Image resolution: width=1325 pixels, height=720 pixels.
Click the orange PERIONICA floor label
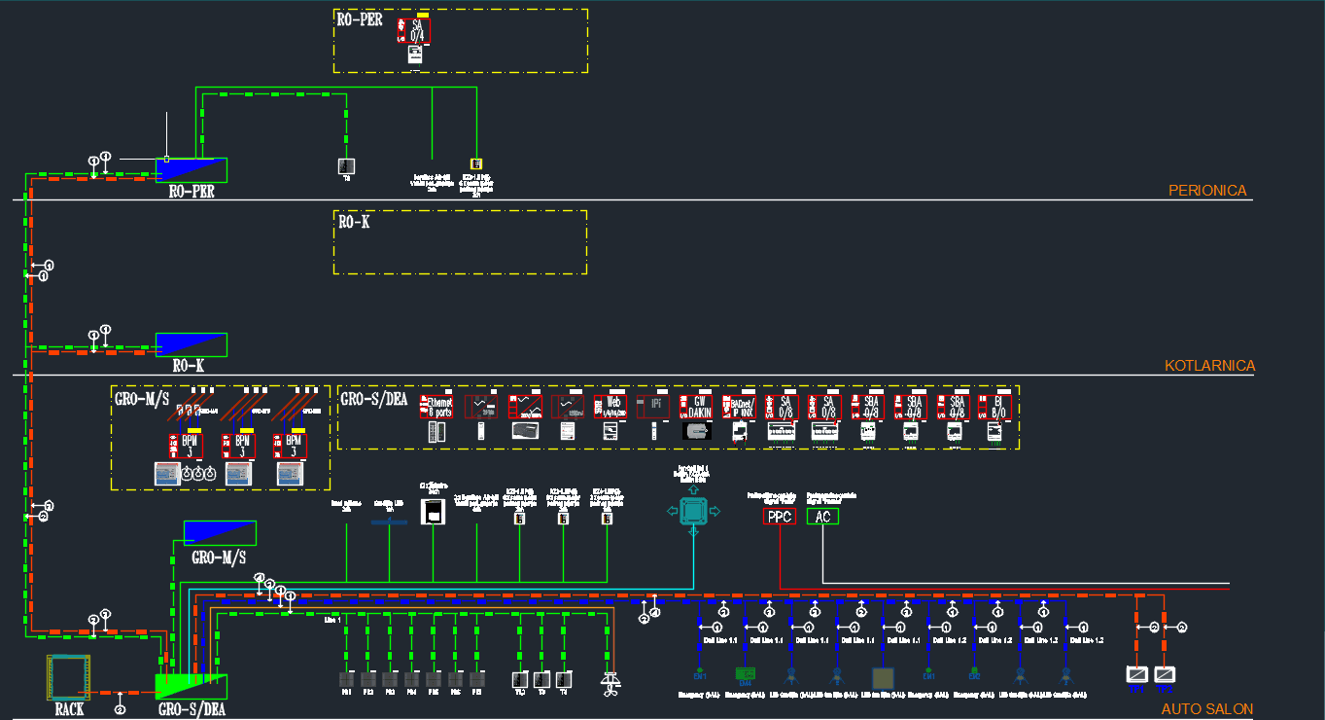pyautogui.click(x=1206, y=191)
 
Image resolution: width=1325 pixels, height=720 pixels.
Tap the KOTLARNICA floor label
pyautogui.click(x=1209, y=366)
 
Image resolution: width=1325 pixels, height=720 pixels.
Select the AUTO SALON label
pyautogui.click(x=1206, y=709)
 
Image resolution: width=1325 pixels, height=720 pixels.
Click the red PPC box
pyautogui.click(x=780, y=517)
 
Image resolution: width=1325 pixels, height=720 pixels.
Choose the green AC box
pyautogui.click(x=822, y=517)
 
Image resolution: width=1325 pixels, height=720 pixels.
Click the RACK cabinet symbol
pyautogui.click(x=68, y=678)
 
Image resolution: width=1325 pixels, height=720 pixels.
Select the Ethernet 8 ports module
pyautogui.click(x=438, y=407)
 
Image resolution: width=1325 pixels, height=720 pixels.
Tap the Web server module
pyautogui.click(x=610, y=407)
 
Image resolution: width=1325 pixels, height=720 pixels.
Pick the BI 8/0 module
pyautogui.click(x=995, y=407)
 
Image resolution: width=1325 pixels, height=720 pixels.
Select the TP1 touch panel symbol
pyautogui.click(x=1136, y=673)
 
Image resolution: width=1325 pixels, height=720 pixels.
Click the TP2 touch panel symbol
pyautogui.click(x=1165, y=673)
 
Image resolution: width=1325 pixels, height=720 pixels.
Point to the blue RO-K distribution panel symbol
pyautogui.click(x=191, y=343)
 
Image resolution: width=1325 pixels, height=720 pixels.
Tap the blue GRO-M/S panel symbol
pyautogui.click(x=220, y=532)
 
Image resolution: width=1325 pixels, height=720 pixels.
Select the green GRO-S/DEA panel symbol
pyautogui.click(x=192, y=686)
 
